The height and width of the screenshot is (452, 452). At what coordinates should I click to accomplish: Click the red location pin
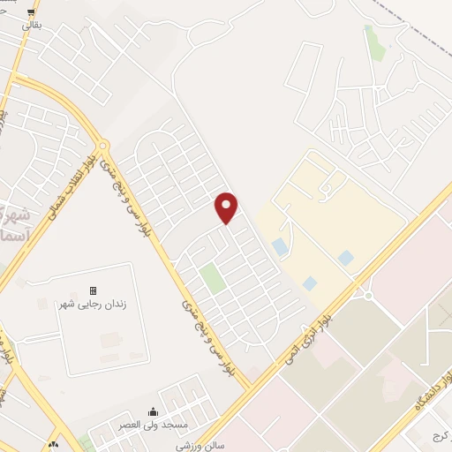coord(227,207)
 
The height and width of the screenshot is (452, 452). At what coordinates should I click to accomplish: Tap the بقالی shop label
coord(31,26)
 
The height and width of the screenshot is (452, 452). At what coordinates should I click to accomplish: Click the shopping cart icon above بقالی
coord(32,12)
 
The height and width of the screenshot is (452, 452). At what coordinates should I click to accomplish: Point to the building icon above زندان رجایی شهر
coord(93,290)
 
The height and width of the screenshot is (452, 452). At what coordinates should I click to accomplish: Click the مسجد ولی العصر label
coord(154,425)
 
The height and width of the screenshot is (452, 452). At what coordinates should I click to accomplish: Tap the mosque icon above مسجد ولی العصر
coord(154,411)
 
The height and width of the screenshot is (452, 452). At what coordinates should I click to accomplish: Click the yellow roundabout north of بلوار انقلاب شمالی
coord(103,145)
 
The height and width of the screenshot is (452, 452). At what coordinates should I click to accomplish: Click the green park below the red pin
coord(211,278)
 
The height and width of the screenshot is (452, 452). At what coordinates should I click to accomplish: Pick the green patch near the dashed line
coord(375,43)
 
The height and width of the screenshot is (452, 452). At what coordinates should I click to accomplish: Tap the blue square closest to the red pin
coord(280,246)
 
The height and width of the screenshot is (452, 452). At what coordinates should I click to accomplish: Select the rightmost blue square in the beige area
coord(346,258)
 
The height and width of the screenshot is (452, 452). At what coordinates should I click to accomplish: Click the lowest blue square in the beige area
coord(310,283)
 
